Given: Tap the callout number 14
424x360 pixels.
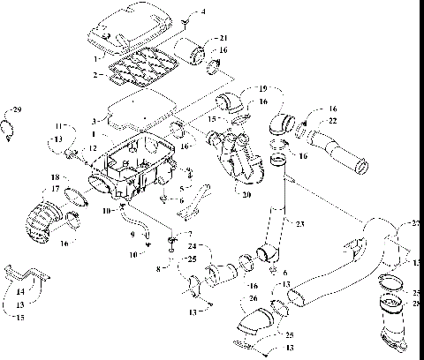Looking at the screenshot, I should [20, 289].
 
